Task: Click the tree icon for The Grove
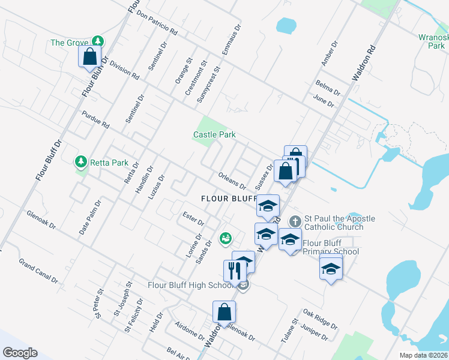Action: click(97, 41)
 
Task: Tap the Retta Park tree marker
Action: click(81, 161)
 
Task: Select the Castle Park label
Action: click(214, 135)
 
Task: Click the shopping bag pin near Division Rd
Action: click(89, 58)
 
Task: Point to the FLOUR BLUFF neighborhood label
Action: click(229, 198)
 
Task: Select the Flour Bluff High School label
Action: click(191, 285)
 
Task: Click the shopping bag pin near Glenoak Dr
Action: click(224, 313)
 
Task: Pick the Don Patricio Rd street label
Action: click(157, 22)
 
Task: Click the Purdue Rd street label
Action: click(96, 119)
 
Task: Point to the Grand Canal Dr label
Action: click(38, 271)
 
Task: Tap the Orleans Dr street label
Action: click(232, 180)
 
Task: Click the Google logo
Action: click(20, 353)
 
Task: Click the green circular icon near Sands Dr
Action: click(226, 239)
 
